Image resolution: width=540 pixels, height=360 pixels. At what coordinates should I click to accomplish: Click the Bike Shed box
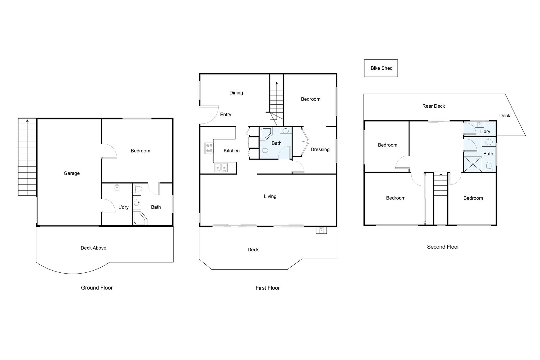[x=381, y=68]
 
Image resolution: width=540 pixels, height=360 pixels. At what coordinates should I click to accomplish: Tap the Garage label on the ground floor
[x=72, y=173]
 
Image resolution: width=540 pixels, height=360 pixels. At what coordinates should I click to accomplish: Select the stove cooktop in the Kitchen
[x=209, y=148]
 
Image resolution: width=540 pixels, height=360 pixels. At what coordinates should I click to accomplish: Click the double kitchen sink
[x=221, y=167]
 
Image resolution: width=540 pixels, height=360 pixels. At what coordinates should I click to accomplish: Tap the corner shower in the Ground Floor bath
[x=139, y=218]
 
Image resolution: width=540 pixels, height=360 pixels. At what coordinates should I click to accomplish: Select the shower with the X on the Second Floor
[x=473, y=164]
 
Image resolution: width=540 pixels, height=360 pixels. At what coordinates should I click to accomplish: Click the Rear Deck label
[x=433, y=106]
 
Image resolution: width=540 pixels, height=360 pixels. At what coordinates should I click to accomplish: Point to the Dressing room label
[x=320, y=149]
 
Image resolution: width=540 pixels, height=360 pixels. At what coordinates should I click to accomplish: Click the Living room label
[x=270, y=196]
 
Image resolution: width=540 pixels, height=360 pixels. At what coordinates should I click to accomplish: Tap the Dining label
[x=236, y=93]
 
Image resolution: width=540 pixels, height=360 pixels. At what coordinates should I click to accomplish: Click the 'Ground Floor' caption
[x=97, y=288]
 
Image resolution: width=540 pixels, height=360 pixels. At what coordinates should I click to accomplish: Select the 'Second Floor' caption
[x=443, y=247]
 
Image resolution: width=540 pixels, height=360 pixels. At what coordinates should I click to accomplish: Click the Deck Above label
[x=93, y=248]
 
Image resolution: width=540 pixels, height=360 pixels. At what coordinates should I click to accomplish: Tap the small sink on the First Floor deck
[x=321, y=230]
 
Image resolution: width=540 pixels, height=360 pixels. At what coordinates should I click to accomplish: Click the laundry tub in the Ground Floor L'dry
[x=117, y=188]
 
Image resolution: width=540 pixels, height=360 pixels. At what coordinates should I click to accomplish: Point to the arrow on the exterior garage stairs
[x=27, y=121]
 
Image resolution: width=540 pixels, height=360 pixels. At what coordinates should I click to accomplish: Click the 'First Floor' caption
[x=268, y=288]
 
